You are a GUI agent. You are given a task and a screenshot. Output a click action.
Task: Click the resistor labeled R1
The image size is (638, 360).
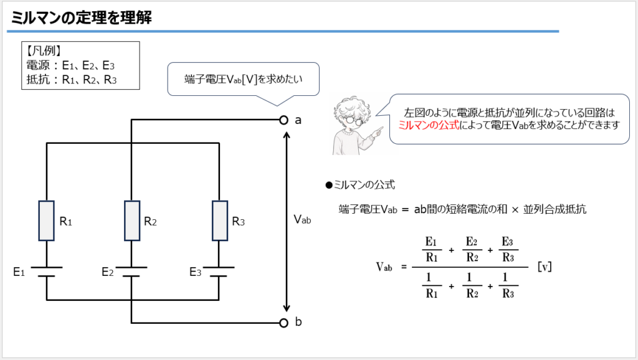pyautogui.click(x=46, y=221)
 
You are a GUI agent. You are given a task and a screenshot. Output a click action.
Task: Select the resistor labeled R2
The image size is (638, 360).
pyautogui.click(x=132, y=221)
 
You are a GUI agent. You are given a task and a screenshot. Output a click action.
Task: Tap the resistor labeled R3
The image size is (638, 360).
pyautogui.click(x=220, y=221)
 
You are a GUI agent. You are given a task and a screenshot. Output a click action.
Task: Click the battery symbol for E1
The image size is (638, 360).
pyautogui.click(x=46, y=272)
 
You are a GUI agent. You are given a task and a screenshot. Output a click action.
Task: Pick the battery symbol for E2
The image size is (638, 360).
pyautogui.click(x=131, y=272)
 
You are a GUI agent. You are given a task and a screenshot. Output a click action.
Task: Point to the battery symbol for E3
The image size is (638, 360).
pyautogui.click(x=219, y=272)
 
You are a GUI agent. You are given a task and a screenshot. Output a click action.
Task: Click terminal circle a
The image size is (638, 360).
pyautogui.click(x=283, y=120)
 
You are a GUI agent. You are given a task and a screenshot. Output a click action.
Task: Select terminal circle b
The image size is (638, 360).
pyautogui.click(x=283, y=323)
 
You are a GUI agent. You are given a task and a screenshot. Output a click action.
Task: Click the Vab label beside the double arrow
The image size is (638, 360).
pyautogui.click(x=302, y=220)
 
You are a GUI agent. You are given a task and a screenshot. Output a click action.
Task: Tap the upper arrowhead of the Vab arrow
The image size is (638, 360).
pyautogui.click(x=287, y=135)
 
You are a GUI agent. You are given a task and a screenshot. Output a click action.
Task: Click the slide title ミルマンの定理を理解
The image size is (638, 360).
pyautogui.click(x=82, y=17)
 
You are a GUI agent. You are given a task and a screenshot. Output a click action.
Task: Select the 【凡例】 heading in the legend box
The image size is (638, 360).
pyautogui.click(x=44, y=51)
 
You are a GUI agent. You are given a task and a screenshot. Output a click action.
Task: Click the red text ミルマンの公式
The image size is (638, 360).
pyautogui.click(x=429, y=125)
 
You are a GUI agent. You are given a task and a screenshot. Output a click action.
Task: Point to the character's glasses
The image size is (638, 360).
pyautogui.click(x=353, y=121)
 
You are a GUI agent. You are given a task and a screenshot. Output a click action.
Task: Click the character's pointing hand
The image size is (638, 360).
pyautogui.click(x=378, y=131)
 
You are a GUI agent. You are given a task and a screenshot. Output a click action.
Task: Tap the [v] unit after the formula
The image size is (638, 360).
pyautogui.click(x=545, y=267)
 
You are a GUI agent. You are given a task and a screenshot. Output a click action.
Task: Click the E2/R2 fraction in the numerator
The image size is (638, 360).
pyautogui.click(x=472, y=249)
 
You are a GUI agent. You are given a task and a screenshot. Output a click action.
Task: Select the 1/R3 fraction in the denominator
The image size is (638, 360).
pyautogui.click(x=508, y=285)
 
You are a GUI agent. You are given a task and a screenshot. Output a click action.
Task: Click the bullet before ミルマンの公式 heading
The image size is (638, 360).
pyautogui.click(x=329, y=186)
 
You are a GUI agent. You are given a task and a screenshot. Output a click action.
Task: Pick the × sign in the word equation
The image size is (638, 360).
pyautogui.click(x=515, y=210)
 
